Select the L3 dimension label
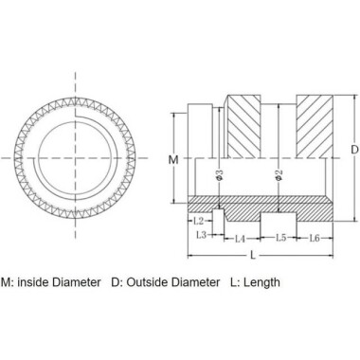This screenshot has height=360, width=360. click(x=201, y=233)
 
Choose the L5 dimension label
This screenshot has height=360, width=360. click(x=280, y=239)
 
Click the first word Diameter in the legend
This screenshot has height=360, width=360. click(x=80, y=281)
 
